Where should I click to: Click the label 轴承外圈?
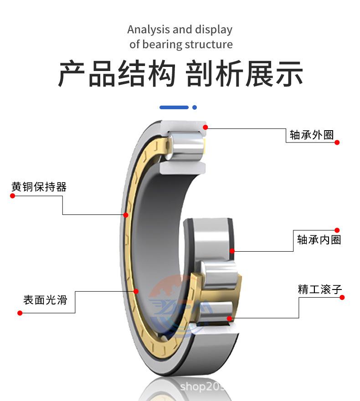(312, 135)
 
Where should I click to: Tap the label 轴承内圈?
(319, 240)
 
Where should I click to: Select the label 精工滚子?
(320, 289)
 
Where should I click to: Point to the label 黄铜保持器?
(39, 187)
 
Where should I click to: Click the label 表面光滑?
(45, 300)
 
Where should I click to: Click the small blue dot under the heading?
(195, 107)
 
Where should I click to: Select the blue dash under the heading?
(174, 107)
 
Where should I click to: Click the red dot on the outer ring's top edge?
(206, 127)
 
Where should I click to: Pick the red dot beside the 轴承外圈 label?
(337, 142)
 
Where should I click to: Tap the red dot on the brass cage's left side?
(126, 215)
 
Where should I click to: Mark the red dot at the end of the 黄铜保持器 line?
(13, 196)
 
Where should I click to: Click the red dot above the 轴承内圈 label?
(337, 230)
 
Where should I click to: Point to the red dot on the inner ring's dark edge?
(232, 251)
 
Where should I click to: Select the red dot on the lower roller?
(229, 319)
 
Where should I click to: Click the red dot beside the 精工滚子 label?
(342, 297)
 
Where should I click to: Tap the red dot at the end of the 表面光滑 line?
(20, 313)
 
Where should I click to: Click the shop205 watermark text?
(202, 387)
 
